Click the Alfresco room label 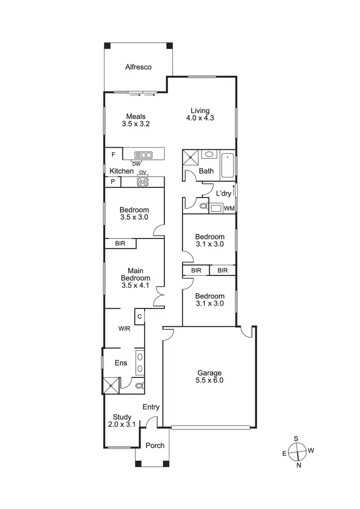pyautogui.click(x=138, y=67)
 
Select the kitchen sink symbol pyautogui.click(x=144, y=154)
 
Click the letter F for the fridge pyautogui.click(x=113, y=154)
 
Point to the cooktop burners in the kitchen pyautogui.click(x=143, y=182)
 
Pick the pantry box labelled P pyautogui.click(x=113, y=182)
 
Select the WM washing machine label pyautogui.click(x=229, y=208)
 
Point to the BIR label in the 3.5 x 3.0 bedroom pyautogui.click(x=120, y=244)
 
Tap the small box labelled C pyautogui.click(x=140, y=316)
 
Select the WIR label pyautogui.click(x=125, y=329)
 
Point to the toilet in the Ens pyautogui.click(x=139, y=385)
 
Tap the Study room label pyautogui.click(x=122, y=417)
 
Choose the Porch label pyautogui.click(x=155, y=446)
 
